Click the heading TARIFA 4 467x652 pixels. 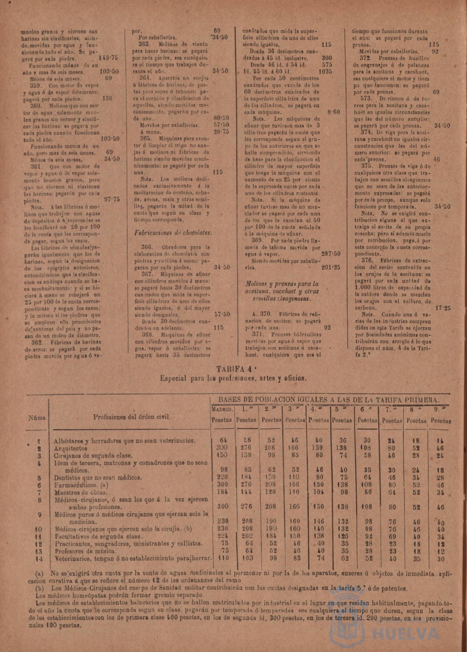click(233, 369)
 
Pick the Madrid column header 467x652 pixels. click(222, 410)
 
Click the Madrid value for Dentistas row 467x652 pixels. click(222, 477)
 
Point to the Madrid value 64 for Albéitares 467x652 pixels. click(223, 441)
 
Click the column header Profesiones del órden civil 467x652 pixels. click(132, 417)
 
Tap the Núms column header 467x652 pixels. click(38, 418)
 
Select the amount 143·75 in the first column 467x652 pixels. click(108, 58)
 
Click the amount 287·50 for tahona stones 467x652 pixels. click(331, 254)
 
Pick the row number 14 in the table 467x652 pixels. click(39, 558)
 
